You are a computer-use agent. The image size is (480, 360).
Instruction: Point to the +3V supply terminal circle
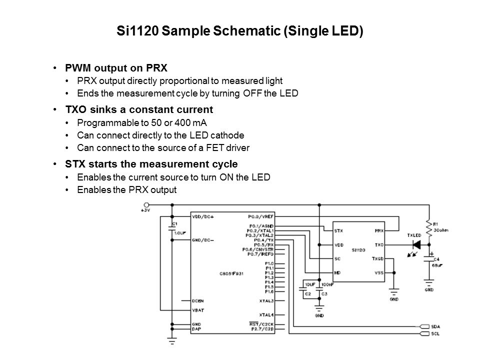point(147,205)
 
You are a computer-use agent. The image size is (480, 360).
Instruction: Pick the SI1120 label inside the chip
point(358,249)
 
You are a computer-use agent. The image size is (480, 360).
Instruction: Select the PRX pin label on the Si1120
point(378,231)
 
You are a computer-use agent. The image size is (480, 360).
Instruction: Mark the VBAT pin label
point(198,310)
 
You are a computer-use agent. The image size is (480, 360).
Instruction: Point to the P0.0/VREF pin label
point(260,217)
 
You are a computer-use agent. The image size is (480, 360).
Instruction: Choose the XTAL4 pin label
point(265,314)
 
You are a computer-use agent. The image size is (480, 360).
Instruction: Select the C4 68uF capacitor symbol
point(428,258)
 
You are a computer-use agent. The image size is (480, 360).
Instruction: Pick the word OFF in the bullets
point(258,93)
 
